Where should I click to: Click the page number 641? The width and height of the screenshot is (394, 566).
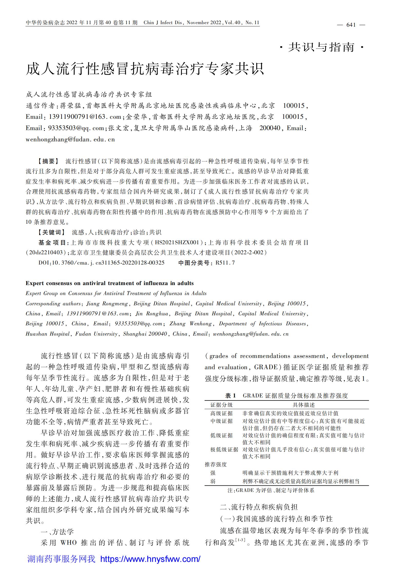(x=351, y=25)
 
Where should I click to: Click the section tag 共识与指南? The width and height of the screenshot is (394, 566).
(x=321, y=47)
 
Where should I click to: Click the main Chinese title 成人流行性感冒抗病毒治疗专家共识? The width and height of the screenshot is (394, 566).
(x=145, y=69)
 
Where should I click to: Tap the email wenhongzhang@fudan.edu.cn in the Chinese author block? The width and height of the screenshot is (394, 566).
(x=70, y=139)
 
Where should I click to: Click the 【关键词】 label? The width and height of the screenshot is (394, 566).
(x=52, y=232)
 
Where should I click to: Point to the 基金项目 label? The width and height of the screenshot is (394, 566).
(x=53, y=242)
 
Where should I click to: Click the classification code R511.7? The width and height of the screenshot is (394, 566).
(x=225, y=263)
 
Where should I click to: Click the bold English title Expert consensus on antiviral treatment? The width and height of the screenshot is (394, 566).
(x=110, y=283)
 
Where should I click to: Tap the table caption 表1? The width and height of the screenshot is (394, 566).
(x=230, y=396)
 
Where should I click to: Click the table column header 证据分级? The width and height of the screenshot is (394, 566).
(x=222, y=405)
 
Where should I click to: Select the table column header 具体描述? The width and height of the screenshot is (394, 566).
(x=304, y=405)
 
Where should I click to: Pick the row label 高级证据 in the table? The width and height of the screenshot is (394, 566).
(x=222, y=413)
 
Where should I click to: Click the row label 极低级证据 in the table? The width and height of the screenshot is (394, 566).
(x=224, y=450)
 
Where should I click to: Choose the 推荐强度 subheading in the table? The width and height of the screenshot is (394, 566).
(x=216, y=464)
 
